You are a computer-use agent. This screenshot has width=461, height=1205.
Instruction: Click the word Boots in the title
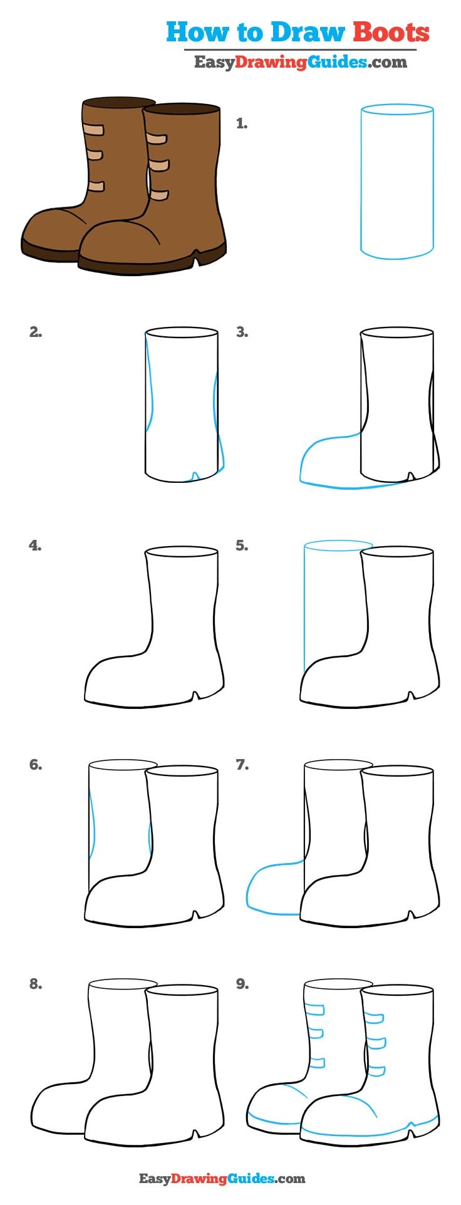click(x=391, y=32)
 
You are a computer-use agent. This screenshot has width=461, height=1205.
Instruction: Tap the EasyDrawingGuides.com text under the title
click(x=300, y=62)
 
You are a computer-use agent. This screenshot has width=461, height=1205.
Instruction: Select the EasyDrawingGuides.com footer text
click(x=222, y=1179)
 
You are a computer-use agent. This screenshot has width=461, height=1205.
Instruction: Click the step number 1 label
click(x=241, y=124)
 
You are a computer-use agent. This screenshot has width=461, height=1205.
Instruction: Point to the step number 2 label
click(x=35, y=333)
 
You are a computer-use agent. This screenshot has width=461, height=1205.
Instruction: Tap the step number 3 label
click(x=242, y=333)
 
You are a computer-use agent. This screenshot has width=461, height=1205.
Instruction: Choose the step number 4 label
click(x=35, y=546)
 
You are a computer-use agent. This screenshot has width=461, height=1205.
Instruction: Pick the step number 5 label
click(x=242, y=546)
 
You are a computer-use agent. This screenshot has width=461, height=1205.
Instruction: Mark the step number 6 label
click(x=35, y=765)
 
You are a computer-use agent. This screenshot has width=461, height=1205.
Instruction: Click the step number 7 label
click(x=242, y=765)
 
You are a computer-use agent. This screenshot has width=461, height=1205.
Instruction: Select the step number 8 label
click(x=35, y=984)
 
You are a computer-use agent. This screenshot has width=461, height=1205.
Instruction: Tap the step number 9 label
click(x=242, y=984)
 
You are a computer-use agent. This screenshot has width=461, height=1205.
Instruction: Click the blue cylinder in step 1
click(x=397, y=182)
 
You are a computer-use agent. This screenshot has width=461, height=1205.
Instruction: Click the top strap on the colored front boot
click(x=156, y=138)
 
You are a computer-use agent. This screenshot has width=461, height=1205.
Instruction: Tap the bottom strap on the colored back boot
click(x=96, y=186)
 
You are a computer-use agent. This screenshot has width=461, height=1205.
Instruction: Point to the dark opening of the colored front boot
click(x=182, y=110)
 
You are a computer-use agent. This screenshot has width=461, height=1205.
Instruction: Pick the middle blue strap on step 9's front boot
click(x=375, y=1043)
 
